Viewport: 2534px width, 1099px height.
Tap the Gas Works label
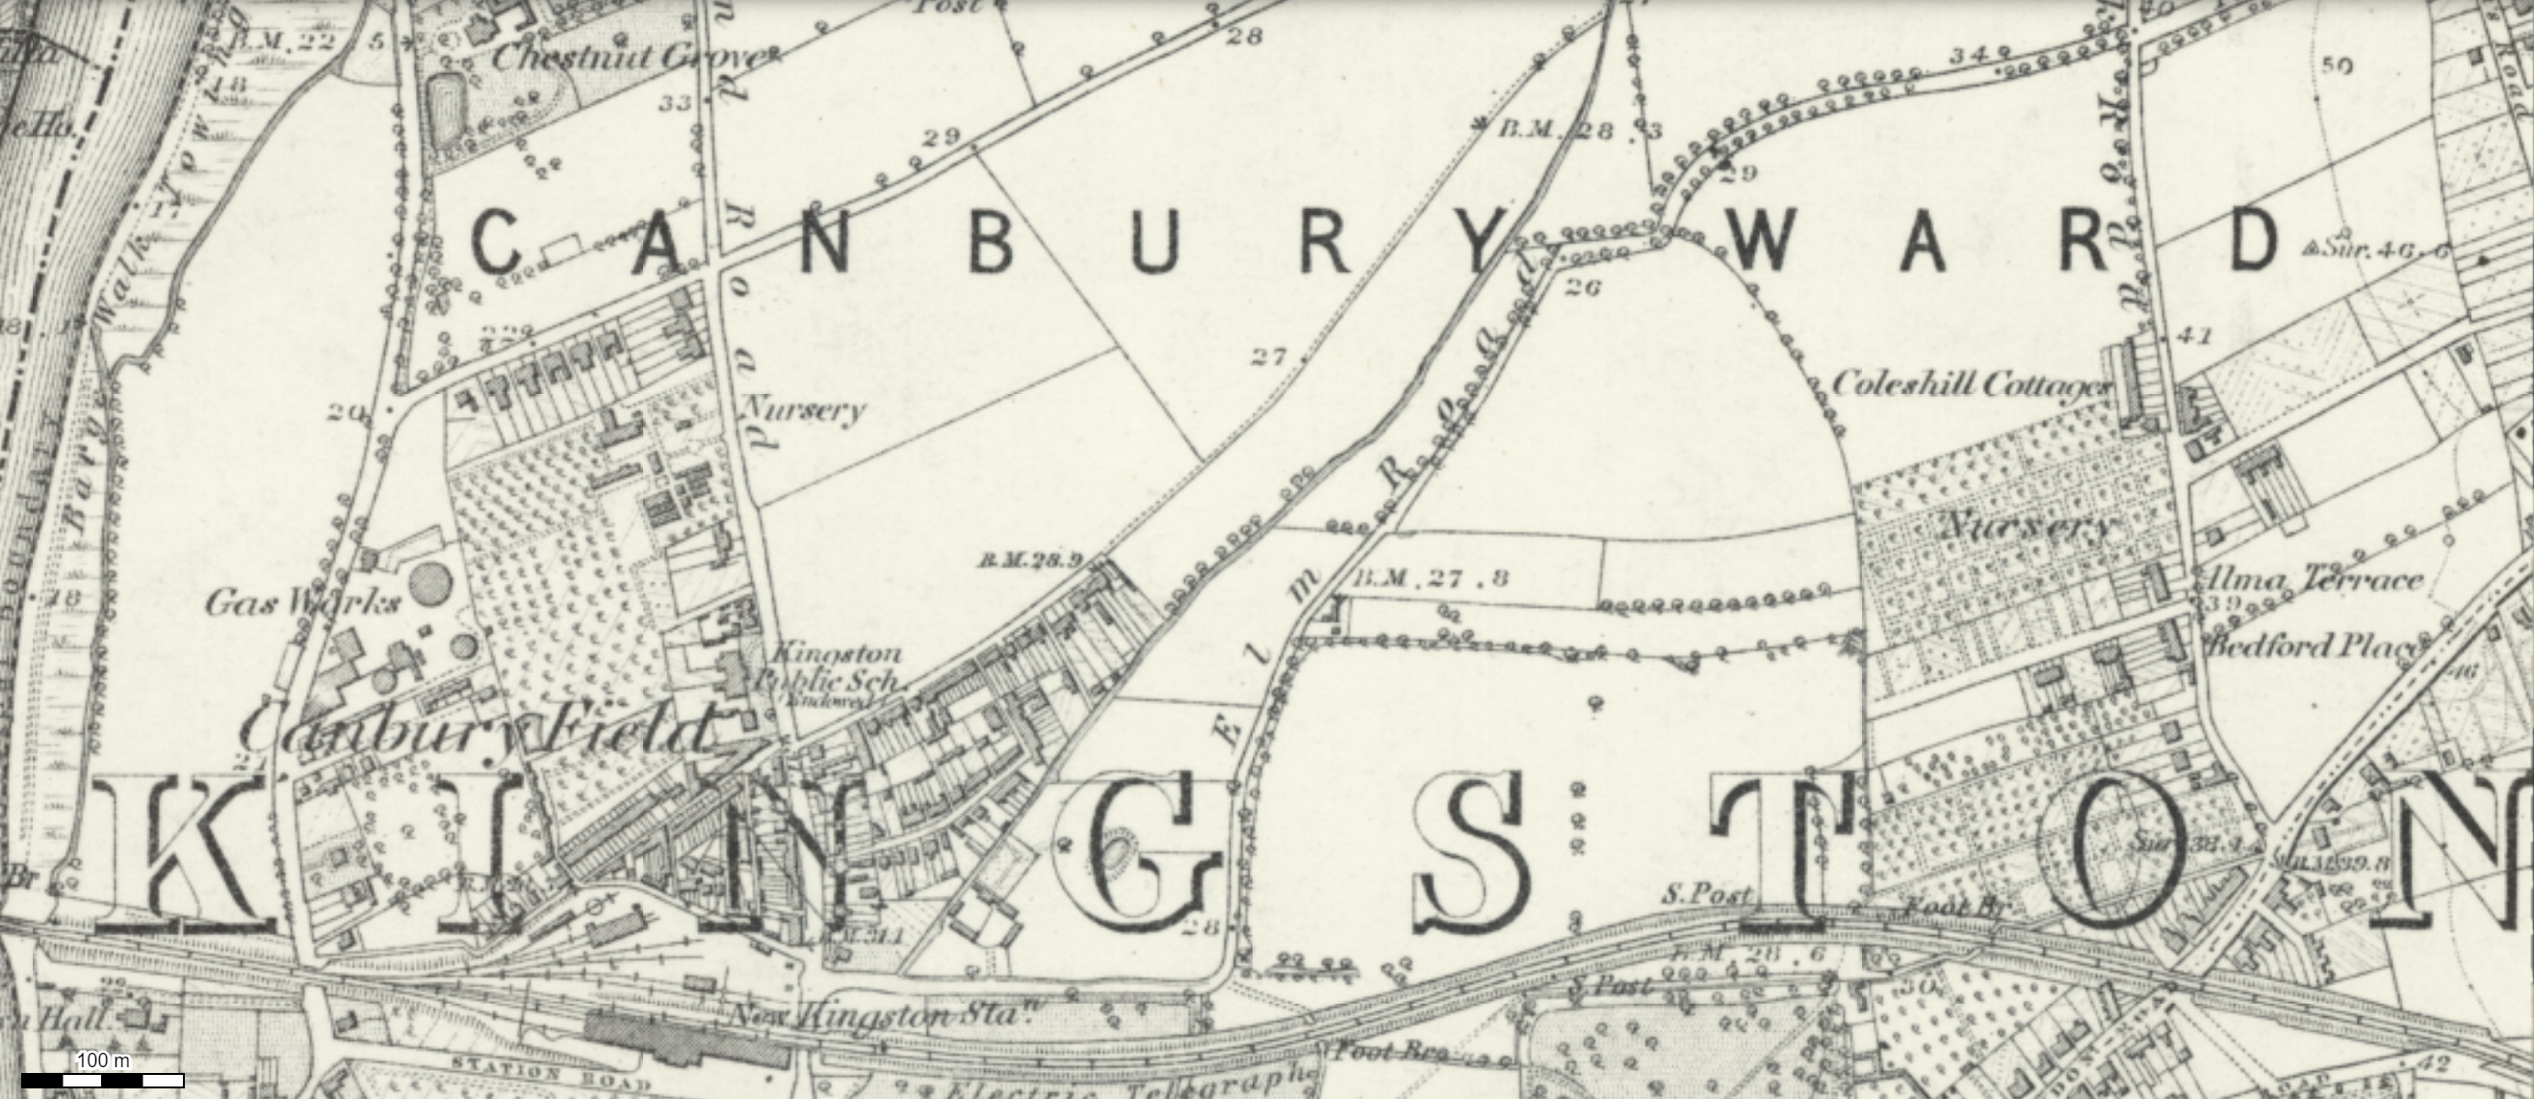(x=302, y=602)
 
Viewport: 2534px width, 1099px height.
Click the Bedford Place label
(x=2312, y=646)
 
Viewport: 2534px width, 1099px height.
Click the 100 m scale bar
(x=102, y=1080)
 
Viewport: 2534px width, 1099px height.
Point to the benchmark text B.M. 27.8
(x=1430, y=578)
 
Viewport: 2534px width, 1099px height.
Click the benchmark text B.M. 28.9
(x=1029, y=561)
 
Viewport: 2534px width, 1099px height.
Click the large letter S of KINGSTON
(x=1473, y=852)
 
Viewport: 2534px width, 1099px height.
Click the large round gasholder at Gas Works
(x=429, y=584)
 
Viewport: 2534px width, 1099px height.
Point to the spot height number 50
(x=2337, y=65)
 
